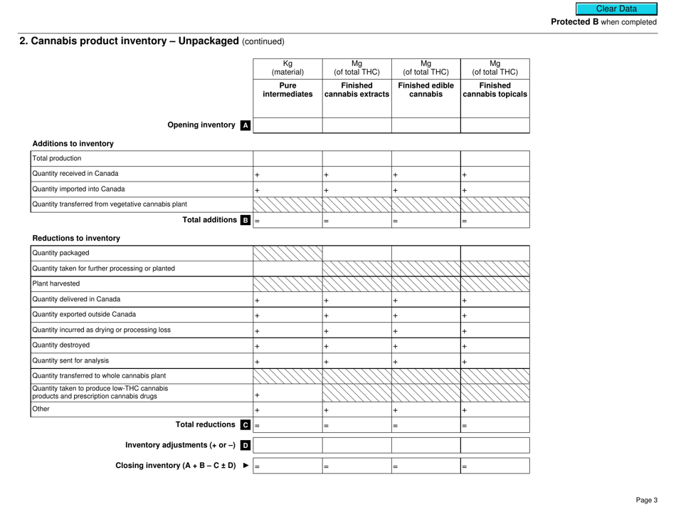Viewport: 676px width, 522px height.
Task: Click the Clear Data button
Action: pos(618,9)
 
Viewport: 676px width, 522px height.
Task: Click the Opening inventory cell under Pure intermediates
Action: pos(287,125)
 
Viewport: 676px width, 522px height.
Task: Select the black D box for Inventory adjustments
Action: pos(245,447)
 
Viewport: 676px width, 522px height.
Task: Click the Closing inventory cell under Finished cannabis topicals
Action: pos(495,467)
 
